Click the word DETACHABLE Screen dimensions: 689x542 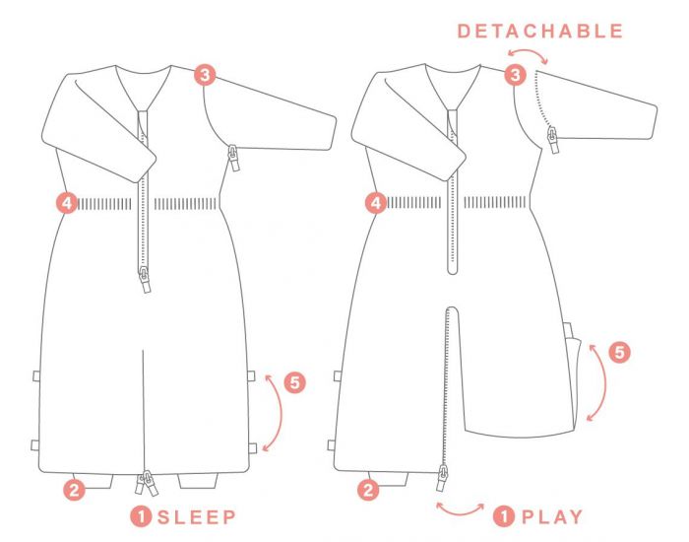click(540, 31)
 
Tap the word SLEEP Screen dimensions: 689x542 click(197, 517)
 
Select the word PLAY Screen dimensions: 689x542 click(552, 516)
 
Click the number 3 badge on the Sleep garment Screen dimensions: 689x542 click(205, 75)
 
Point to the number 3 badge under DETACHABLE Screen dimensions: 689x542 click(515, 74)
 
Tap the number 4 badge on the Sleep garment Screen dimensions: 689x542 click(67, 203)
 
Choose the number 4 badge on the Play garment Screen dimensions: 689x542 click(376, 203)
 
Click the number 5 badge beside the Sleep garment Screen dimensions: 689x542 click(295, 382)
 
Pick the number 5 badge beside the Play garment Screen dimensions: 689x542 click(619, 352)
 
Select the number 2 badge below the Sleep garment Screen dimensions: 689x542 click(74, 490)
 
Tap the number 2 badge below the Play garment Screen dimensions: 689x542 click(368, 490)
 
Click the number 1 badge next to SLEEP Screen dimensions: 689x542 click(141, 516)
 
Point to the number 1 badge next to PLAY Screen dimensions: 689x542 click(504, 516)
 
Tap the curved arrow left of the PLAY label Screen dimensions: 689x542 click(460, 513)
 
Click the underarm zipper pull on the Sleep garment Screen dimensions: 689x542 click(233, 159)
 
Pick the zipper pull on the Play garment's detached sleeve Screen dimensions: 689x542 click(553, 140)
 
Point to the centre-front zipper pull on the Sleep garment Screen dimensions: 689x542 click(145, 280)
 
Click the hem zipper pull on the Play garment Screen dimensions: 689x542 click(443, 478)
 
